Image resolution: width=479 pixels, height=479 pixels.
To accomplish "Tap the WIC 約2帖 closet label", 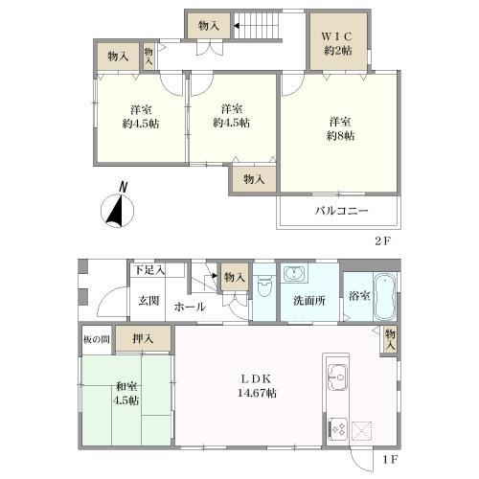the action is [338, 43].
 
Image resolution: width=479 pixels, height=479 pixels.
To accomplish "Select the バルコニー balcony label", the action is [342, 211].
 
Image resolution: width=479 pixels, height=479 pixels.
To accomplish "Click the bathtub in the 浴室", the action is [385, 297].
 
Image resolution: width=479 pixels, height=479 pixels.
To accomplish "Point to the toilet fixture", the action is [264, 286].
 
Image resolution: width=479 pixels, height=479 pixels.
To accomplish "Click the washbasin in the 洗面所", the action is [294, 274].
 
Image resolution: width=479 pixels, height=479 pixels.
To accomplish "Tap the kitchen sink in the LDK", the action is [338, 376].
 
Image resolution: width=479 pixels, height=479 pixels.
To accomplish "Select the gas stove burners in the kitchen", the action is [338, 428].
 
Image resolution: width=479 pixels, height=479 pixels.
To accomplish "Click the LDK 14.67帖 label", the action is [257, 386].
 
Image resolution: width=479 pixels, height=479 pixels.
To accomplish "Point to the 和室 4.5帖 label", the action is [126, 394].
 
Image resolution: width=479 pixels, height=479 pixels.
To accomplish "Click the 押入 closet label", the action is [143, 338].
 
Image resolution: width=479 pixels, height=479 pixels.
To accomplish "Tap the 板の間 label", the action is [97, 339].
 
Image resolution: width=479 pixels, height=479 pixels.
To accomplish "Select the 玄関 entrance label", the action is [148, 301].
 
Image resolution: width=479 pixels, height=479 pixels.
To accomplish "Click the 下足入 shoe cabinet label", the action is [149, 270].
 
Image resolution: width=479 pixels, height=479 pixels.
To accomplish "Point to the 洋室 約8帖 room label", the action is [340, 128].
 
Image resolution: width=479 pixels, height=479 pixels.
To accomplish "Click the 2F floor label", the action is [383, 240].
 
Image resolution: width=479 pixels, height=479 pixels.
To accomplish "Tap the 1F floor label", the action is [390, 460].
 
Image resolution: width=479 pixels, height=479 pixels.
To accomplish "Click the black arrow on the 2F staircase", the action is [237, 26].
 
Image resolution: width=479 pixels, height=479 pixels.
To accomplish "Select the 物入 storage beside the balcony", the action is [254, 179].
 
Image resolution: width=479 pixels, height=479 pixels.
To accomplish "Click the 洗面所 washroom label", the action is [309, 301].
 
